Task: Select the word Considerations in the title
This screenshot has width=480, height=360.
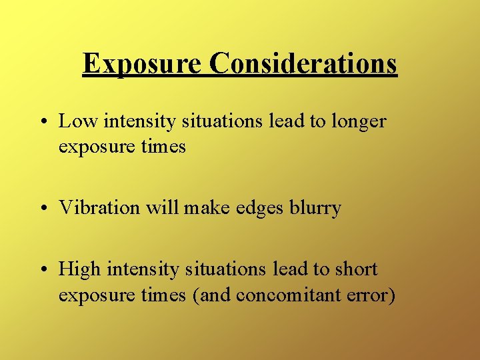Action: tap(303, 64)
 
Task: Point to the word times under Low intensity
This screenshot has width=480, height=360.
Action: tap(163, 146)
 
